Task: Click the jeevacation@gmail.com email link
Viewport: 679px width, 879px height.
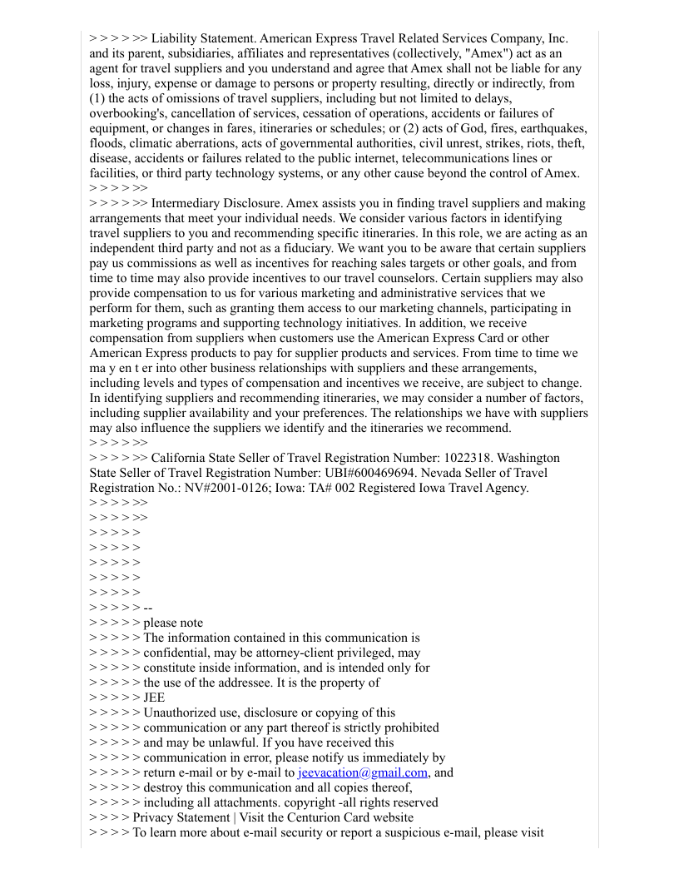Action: tap(363, 772)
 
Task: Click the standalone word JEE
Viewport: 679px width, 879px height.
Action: tap(154, 698)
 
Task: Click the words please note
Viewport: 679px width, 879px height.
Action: tap(173, 623)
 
